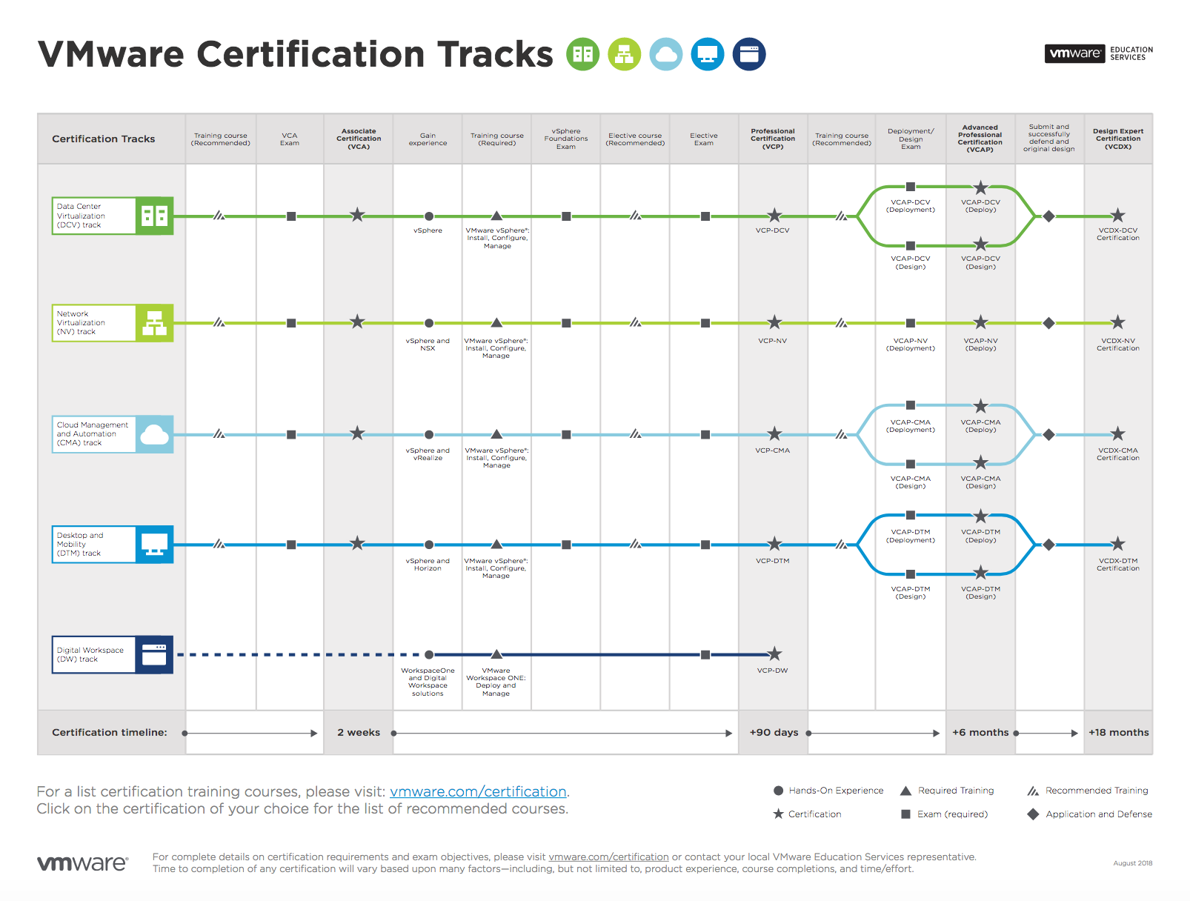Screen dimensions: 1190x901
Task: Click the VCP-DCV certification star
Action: click(x=774, y=215)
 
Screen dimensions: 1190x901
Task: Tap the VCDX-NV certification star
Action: click(x=1117, y=322)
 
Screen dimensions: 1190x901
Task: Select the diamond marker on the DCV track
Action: click(x=1048, y=216)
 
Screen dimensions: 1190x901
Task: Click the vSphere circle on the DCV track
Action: click(x=429, y=216)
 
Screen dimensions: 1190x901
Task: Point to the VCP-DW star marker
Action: click(x=774, y=654)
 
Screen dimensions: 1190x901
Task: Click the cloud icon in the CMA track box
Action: click(x=155, y=434)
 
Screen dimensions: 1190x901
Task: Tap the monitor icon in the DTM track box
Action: click(x=155, y=545)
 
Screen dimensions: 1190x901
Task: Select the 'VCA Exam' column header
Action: click(x=290, y=139)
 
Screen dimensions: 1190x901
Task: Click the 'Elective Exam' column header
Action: click(x=704, y=139)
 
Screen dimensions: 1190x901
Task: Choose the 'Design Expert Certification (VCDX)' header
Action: click(x=1118, y=139)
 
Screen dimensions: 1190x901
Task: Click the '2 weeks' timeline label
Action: click(x=359, y=732)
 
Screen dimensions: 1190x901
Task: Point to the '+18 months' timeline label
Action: click(x=1118, y=732)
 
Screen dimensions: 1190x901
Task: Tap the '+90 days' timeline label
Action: click(x=774, y=732)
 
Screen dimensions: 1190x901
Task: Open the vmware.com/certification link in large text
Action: click(x=478, y=791)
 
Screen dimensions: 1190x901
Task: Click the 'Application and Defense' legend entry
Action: click(x=1090, y=814)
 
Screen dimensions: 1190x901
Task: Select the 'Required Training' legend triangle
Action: click(x=905, y=791)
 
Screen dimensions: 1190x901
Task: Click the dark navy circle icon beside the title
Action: click(x=748, y=54)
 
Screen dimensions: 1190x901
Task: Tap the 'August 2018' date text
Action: click(x=1132, y=863)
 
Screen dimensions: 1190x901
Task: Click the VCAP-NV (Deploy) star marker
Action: click(x=980, y=322)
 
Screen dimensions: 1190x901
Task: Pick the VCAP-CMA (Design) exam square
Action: click(x=910, y=464)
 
